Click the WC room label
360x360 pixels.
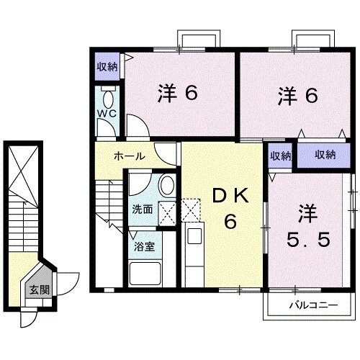(107, 114)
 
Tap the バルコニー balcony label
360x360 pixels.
(313, 305)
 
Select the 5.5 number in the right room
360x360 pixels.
(312, 239)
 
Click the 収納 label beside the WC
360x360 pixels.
(107, 67)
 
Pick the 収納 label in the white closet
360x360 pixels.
(281, 155)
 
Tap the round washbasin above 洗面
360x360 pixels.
(166, 185)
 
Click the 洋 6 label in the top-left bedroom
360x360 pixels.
(177, 95)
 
